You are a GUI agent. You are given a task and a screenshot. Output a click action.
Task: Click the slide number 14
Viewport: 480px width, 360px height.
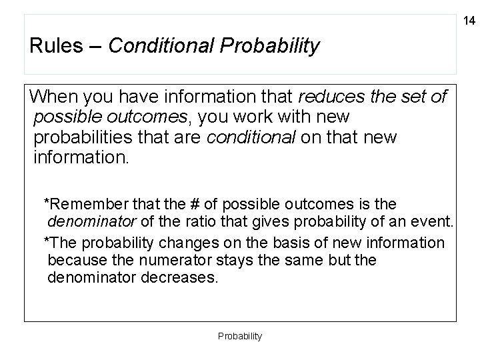[x=469, y=21]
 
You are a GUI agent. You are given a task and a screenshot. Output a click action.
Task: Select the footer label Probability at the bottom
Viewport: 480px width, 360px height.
[x=240, y=336]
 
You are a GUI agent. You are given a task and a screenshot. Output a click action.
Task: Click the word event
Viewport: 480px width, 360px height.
[x=433, y=221]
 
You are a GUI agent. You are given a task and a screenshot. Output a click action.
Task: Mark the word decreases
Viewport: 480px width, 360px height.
[x=179, y=277]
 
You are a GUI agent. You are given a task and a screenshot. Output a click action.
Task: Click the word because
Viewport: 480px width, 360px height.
[x=77, y=259]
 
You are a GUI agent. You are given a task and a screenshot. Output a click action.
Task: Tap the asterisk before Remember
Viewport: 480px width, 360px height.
[x=46, y=201]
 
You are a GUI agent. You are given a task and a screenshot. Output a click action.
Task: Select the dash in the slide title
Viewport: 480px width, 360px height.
[x=97, y=47]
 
